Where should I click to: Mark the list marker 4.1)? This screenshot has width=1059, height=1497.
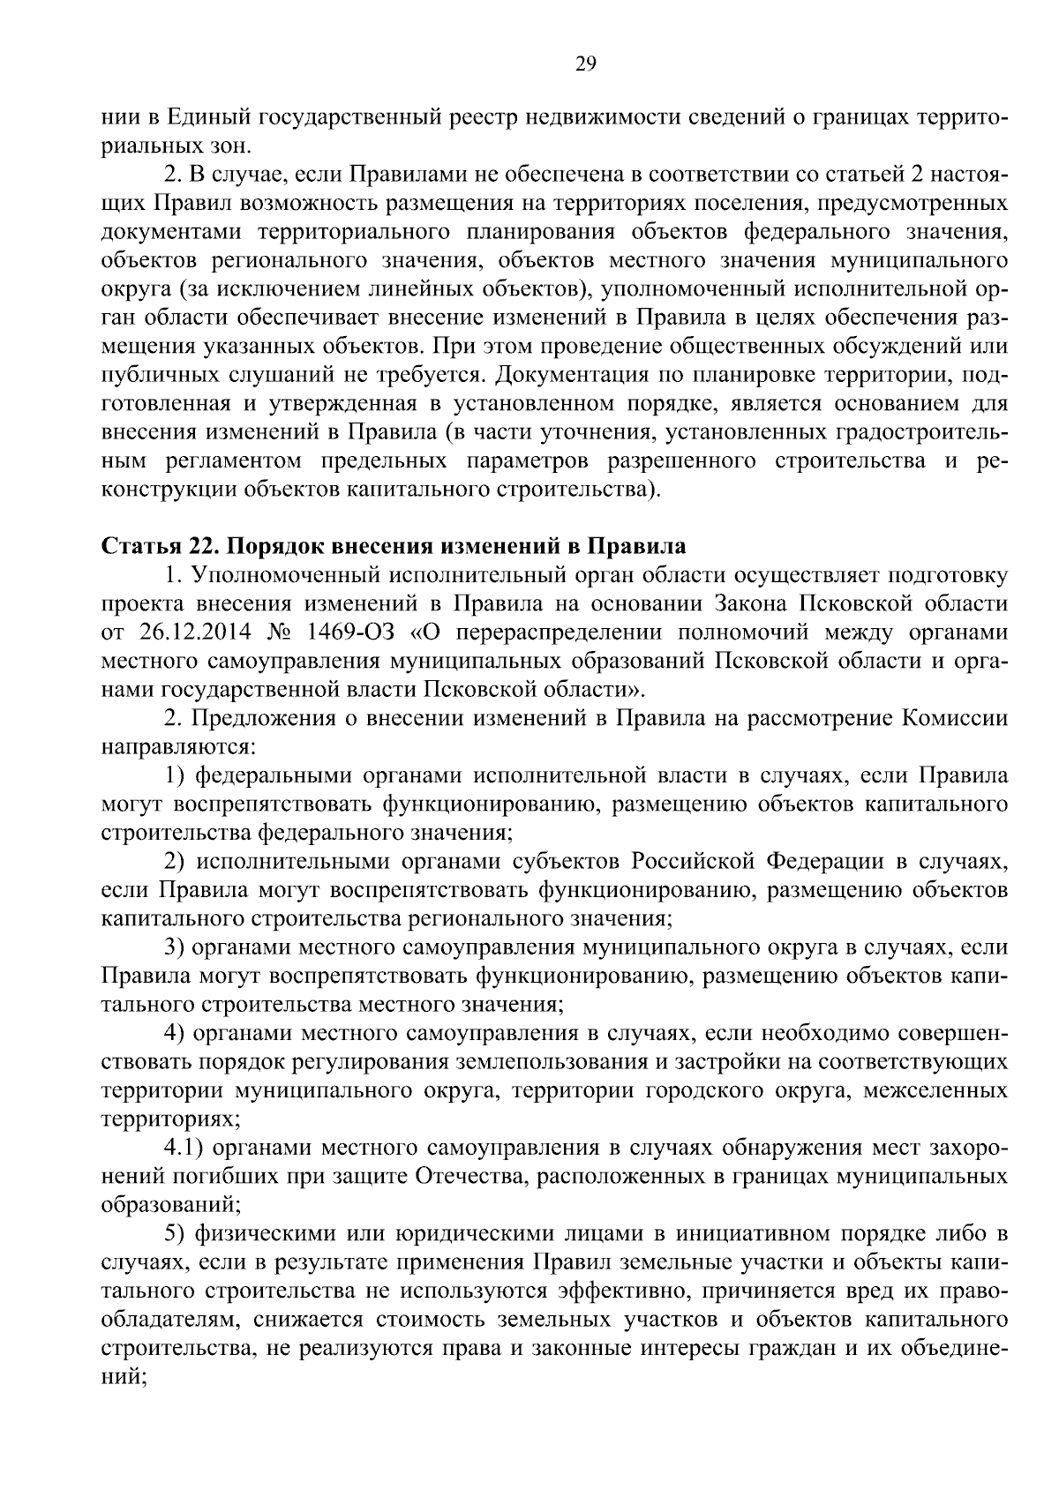[184, 1149]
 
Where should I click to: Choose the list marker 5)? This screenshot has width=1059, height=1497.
[176, 1235]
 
